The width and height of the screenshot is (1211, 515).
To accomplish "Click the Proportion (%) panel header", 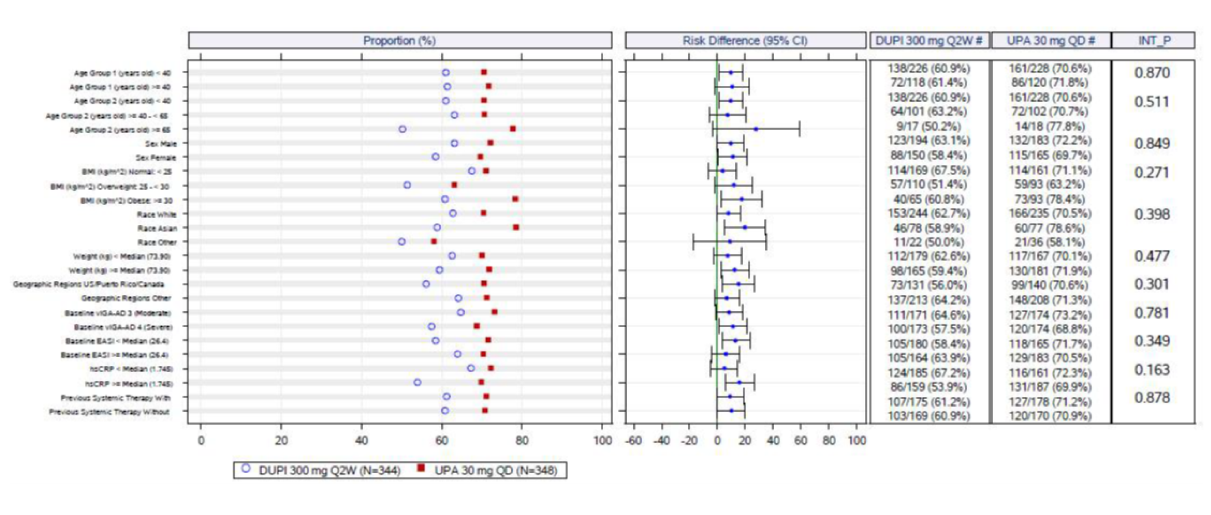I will [399, 40].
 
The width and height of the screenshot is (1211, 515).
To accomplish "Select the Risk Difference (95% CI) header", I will [744, 40].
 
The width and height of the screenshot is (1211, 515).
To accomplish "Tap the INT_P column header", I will [1154, 40].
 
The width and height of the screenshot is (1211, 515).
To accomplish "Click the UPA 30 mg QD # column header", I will [1050, 40].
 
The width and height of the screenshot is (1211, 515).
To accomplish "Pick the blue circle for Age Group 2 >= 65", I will [403, 129].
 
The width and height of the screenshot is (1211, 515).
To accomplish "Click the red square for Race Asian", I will [516, 228].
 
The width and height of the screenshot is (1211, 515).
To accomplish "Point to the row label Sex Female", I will [156, 157].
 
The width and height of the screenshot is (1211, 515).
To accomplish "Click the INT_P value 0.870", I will [1152, 73].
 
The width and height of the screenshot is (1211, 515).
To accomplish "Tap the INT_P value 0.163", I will [1152, 369].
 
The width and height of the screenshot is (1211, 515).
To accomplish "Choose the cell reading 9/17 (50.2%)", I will [928, 126].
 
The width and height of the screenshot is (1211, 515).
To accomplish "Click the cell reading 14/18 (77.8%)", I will [1050, 126].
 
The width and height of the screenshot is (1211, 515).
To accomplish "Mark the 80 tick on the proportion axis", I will [522, 441].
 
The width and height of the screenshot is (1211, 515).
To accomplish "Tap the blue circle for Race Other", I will [402, 241].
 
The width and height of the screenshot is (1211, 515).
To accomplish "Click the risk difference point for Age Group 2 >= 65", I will [755, 129].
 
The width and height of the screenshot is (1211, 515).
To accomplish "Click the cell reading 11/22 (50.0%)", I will [928, 242].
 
